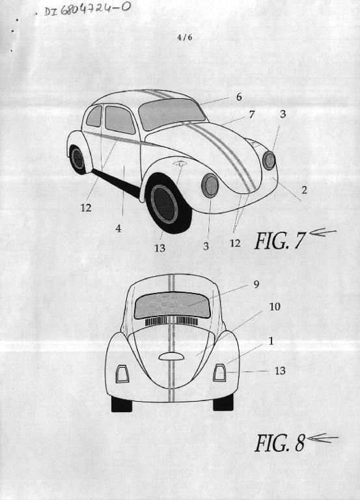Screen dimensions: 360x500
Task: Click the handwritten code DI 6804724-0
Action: pos(87,9)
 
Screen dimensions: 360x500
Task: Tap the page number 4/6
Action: pos(185,37)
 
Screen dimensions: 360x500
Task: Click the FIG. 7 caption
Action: pos(280,240)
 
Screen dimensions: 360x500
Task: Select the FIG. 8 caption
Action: pos(280,443)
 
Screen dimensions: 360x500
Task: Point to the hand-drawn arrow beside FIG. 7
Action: pos(323,232)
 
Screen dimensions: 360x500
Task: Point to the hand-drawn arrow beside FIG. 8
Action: pos(322,438)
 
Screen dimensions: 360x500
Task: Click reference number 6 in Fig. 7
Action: pos(239,97)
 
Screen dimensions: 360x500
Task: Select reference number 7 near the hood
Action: pos(252,114)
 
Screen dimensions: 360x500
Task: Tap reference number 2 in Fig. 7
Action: pos(304,189)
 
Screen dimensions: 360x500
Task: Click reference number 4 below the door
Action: pos(118,229)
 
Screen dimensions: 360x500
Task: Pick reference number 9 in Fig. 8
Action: pos(256,285)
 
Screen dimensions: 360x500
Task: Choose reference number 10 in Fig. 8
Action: pos(275,307)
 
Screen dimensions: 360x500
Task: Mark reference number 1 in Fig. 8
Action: pos(271,342)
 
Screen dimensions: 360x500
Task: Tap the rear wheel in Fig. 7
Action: pos(77,159)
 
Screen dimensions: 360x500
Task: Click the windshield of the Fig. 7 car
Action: pos(172,113)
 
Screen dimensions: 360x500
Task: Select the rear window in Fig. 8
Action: pos(173,305)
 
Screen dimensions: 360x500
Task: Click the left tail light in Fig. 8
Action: pos(122,374)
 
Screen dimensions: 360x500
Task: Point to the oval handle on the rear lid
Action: pos(171,357)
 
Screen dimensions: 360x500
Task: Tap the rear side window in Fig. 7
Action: pos(94,116)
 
